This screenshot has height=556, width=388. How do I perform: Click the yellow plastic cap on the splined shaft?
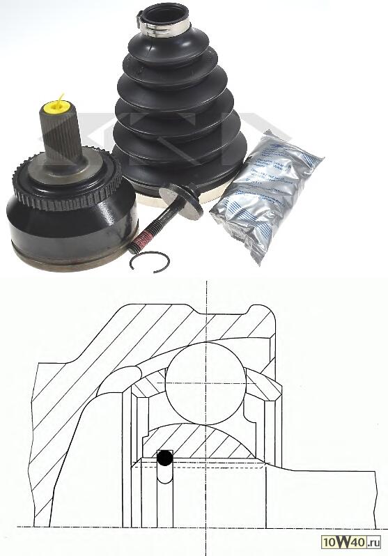[55, 108]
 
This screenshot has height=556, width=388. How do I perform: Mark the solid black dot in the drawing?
[164, 458]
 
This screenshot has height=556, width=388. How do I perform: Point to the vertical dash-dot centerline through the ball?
[207, 307]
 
